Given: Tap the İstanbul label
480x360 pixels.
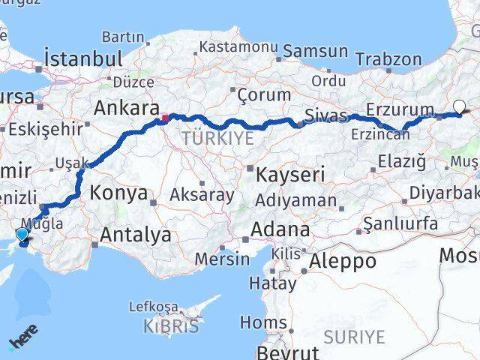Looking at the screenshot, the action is [x=83, y=58].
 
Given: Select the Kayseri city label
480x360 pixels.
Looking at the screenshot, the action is [x=290, y=175].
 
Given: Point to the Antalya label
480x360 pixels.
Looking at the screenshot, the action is [x=135, y=235].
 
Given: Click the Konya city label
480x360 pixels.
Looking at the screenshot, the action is [x=118, y=193].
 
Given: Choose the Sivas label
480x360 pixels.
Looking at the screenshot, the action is [x=326, y=115].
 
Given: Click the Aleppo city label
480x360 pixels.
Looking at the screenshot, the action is [x=340, y=261].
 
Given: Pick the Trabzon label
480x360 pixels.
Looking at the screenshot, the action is [x=388, y=59].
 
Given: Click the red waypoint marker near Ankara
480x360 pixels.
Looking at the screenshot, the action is [x=164, y=118].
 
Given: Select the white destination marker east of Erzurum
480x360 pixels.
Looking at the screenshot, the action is [x=459, y=107].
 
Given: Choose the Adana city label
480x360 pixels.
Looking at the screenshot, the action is [x=280, y=229].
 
